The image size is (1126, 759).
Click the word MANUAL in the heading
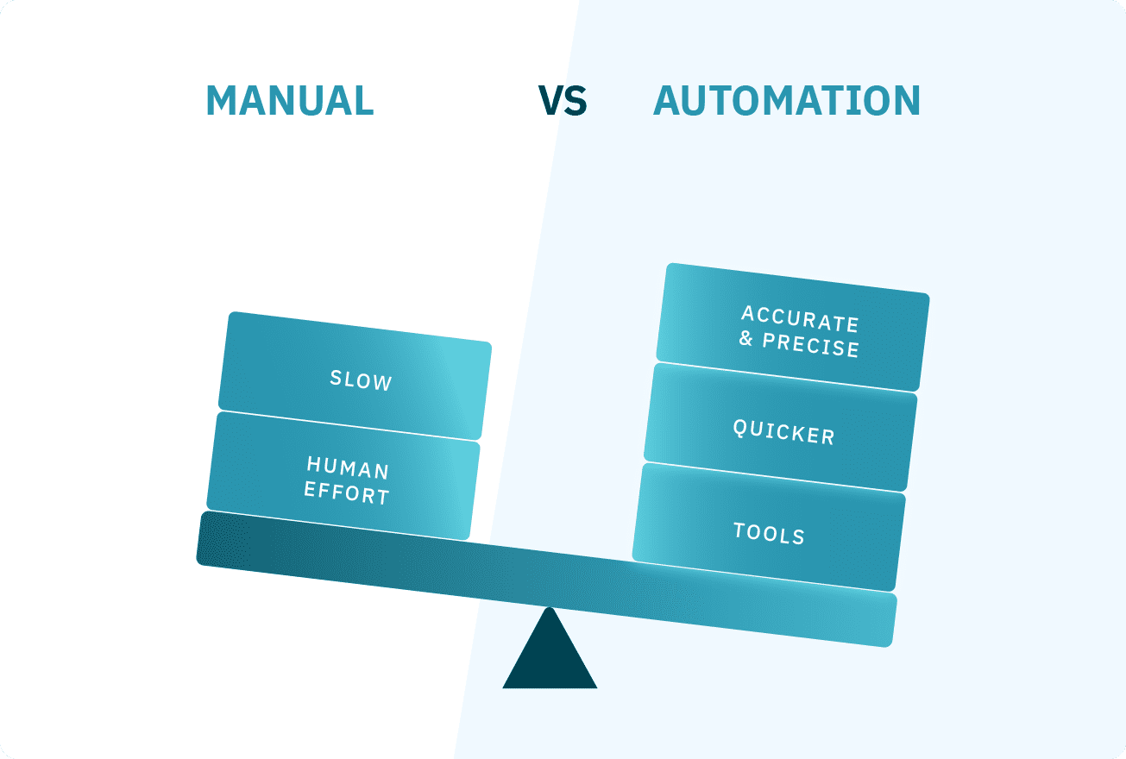(x=289, y=101)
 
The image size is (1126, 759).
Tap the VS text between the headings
(x=563, y=101)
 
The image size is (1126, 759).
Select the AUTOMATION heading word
(x=787, y=101)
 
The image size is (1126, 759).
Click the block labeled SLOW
(x=355, y=376)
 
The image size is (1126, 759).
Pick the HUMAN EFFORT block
(x=343, y=477)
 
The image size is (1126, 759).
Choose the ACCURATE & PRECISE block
(x=793, y=328)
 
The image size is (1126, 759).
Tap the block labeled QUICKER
(x=781, y=428)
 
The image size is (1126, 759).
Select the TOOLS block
(x=769, y=529)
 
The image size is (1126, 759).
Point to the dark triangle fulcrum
(x=550, y=660)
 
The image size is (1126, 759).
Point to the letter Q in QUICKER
(x=740, y=426)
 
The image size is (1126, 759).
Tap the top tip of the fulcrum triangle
(x=550, y=611)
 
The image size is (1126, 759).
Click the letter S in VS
(x=575, y=101)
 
